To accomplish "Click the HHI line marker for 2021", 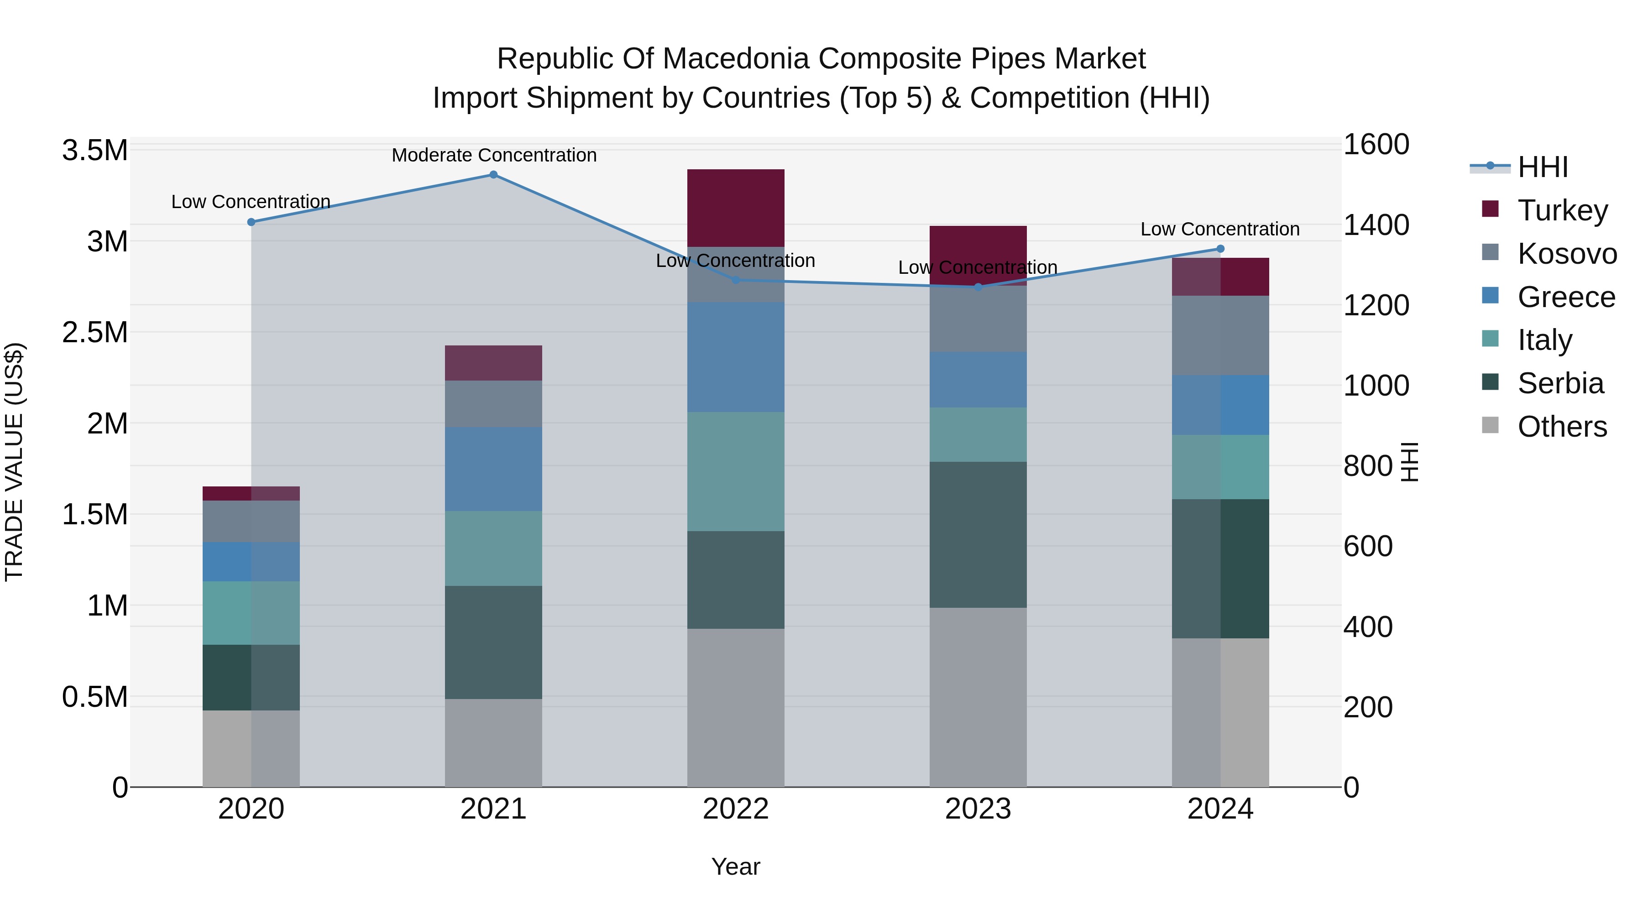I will (x=493, y=175).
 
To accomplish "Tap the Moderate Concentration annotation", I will (x=494, y=155).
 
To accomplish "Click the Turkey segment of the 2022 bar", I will (x=735, y=208).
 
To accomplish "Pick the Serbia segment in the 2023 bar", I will (x=978, y=534).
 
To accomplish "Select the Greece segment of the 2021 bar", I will (x=493, y=469).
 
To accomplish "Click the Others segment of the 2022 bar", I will (x=735, y=708).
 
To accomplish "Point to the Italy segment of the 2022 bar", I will (x=735, y=471).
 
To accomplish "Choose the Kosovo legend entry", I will (x=1566, y=254).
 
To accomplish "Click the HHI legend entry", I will (x=1542, y=167).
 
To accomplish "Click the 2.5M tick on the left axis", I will (x=95, y=332).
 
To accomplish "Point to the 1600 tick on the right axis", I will (x=1376, y=144).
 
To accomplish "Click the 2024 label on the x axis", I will (x=1219, y=809).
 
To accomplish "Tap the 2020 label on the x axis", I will (x=251, y=809).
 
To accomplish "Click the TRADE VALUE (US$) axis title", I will (x=14, y=462).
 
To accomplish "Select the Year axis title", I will (x=735, y=867).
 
